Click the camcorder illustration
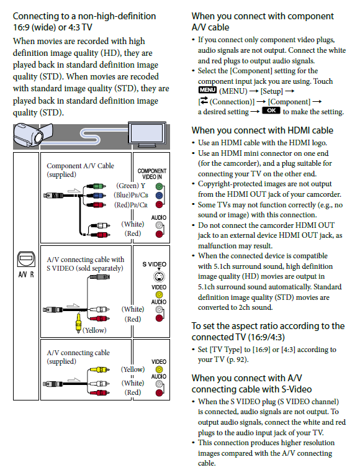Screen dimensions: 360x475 33,135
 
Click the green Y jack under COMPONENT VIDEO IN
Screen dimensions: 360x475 160,186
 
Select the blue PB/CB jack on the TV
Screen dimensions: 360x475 160,196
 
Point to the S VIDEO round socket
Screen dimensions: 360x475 160,276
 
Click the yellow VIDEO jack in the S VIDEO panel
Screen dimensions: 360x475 159,295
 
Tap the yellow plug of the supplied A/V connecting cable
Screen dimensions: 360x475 99,369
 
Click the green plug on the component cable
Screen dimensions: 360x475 96,186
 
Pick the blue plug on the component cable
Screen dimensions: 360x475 96,196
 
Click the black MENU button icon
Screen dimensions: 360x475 207,90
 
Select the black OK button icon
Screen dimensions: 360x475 271,111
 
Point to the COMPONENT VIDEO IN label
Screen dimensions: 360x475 152,174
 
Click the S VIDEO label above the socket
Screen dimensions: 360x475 155,265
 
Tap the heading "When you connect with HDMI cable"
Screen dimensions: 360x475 262,130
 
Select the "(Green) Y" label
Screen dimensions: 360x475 130,186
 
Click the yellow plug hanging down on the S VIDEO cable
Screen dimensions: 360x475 78,322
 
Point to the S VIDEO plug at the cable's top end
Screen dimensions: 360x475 99,277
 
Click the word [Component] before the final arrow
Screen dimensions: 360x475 289,102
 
